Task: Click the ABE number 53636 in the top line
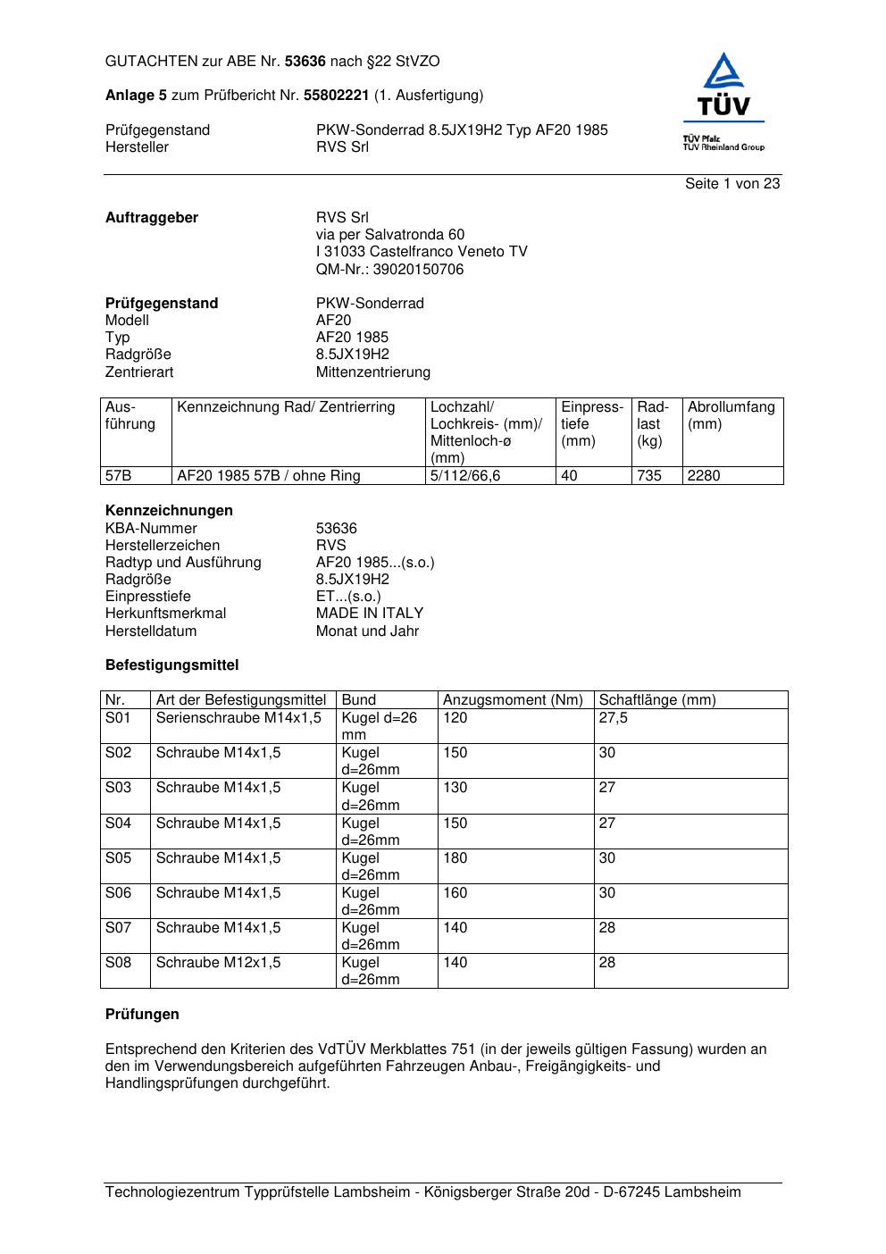click(305, 62)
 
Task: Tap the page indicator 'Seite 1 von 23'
click(731, 184)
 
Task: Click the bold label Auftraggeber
click(152, 218)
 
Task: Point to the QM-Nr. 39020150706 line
click(389, 270)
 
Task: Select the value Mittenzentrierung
click(372, 372)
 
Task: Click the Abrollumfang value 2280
click(704, 476)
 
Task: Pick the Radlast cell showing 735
click(649, 476)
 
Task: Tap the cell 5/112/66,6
click(465, 476)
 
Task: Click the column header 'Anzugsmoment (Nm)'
click(513, 700)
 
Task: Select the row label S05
click(118, 858)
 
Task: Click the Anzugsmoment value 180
click(455, 858)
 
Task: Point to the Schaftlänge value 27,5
click(613, 718)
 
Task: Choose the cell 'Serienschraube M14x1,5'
click(238, 718)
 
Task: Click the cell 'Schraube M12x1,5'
click(218, 963)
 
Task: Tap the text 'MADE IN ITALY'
click(370, 614)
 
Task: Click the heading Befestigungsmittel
click(171, 665)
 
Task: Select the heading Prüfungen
click(142, 1015)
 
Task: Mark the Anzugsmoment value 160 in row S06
click(455, 893)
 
